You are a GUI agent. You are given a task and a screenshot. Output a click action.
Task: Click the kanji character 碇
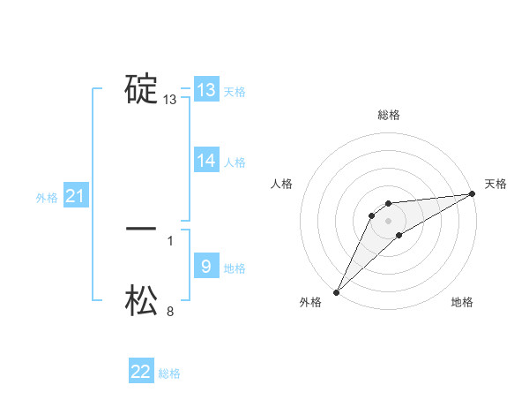coord(141,89)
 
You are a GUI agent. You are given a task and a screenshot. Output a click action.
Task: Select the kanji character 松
coord(141,300)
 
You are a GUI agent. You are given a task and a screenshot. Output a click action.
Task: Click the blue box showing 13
coord(206,89)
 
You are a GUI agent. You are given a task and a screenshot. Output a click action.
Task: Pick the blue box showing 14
coord(206,161)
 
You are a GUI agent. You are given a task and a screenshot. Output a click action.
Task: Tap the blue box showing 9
coord(206,266)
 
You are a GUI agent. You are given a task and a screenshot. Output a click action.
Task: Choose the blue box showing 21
coord(75,197)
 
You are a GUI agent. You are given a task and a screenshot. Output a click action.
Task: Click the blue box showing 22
coord(141,372)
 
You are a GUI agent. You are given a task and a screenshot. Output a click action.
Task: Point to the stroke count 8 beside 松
coord(170,311)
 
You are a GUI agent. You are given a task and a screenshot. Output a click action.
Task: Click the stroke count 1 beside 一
coord(170,240)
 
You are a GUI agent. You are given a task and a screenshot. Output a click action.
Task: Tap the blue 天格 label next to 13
coord(235,92)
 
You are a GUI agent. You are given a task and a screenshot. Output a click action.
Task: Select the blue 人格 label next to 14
coord(235,162)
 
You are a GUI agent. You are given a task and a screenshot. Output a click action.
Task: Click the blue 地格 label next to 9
coord(235,268)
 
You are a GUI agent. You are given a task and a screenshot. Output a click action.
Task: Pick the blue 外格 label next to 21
coord(47,199)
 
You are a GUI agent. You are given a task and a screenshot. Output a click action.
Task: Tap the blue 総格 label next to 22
coord(169,374)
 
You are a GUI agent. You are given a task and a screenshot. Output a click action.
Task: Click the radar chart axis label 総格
coord(388,115)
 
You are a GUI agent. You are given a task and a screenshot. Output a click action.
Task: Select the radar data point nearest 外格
coord(336,292)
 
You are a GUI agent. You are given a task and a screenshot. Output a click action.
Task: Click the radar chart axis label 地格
coord(462,303)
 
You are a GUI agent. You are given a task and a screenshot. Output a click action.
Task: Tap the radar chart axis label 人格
coord(282,184)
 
